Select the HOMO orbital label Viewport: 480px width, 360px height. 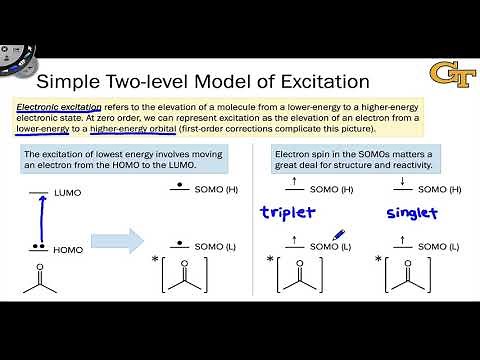pos(69,250)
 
